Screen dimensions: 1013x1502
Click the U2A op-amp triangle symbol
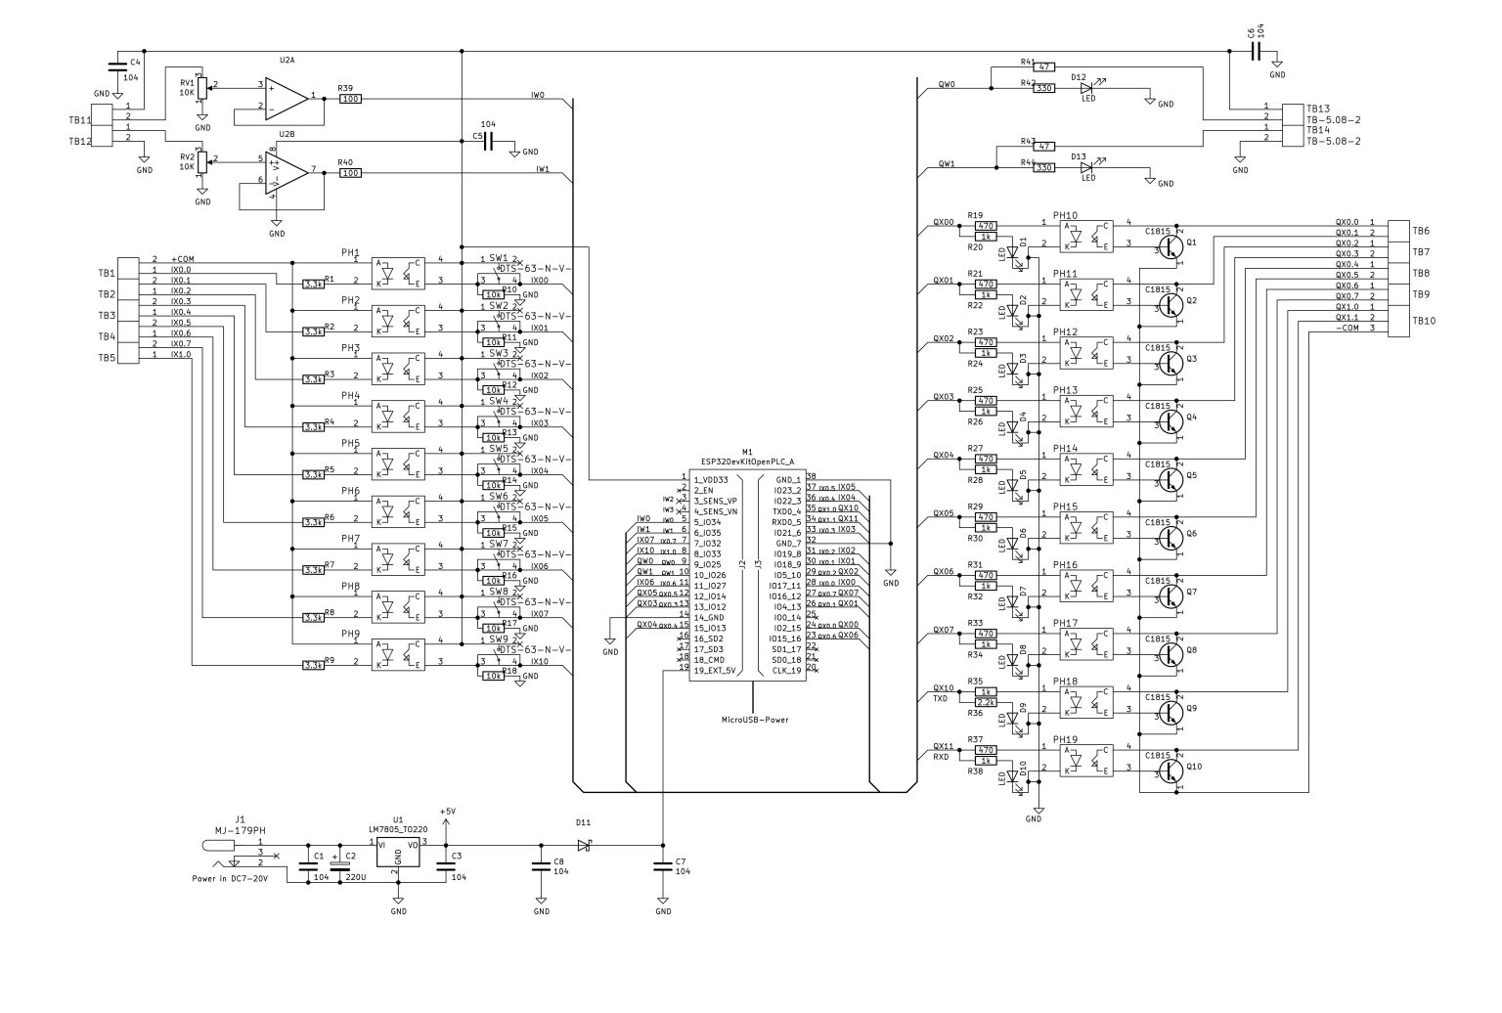(287, 97)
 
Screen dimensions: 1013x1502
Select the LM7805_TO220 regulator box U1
(397, 853)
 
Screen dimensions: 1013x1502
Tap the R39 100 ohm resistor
(350, 99)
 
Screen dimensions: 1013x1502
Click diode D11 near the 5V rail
(585, 845)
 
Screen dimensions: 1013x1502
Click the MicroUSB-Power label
(754, 720)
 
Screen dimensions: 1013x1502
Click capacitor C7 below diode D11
(663, 865)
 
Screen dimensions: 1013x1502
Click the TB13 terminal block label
(1318, 109)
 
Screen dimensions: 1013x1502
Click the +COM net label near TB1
(183, 259)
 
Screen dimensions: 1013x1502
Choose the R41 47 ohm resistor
(1044, 66)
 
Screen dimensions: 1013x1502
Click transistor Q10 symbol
(1171, 770)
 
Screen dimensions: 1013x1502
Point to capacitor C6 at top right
(1255, 52)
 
